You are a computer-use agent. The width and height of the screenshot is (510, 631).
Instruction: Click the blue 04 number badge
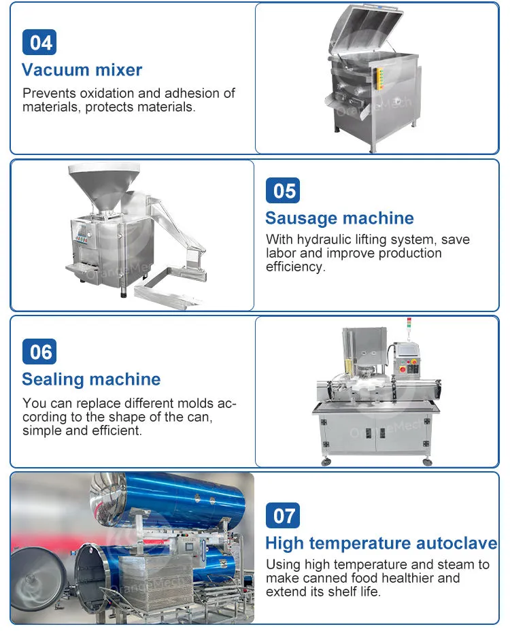click(x=39, y=42)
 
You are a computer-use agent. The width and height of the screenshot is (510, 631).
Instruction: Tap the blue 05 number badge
click(x=283, y=190)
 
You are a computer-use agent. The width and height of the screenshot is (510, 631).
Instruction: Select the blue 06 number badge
click(x=39, y=352)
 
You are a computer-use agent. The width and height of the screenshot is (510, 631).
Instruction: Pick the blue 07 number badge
click(x=283, y=515)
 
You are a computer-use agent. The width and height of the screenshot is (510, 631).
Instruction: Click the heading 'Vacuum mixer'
click(x=82, y=70)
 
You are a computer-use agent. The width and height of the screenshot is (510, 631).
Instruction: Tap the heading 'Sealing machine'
click(x=91, y=379)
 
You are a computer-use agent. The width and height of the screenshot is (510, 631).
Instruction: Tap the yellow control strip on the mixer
click(x=379, y=78)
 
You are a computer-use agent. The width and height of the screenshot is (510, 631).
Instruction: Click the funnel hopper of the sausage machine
click(x=104, y=186)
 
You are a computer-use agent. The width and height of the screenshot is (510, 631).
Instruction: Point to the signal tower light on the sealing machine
click(x=409, y=323)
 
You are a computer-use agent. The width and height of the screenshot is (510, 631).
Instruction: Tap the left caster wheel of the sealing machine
click(x=326, y=461)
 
